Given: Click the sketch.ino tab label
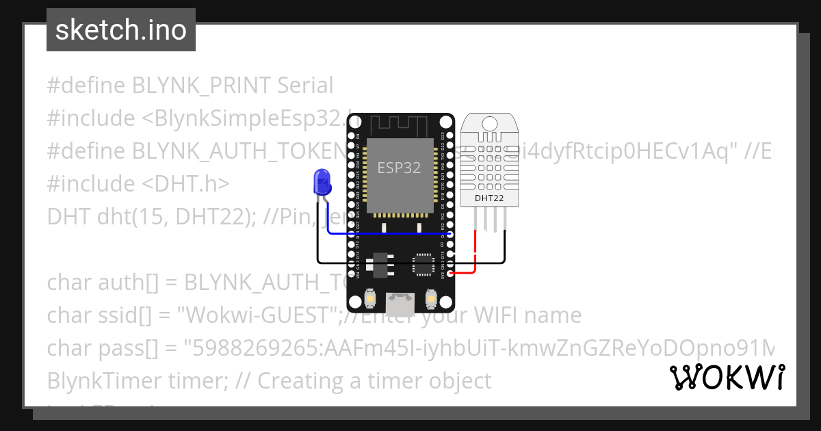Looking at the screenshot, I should (120, 30).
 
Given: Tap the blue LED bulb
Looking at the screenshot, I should (321, 182).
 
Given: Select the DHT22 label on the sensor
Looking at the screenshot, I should (490, 198).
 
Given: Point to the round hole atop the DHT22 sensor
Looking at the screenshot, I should (490, 122).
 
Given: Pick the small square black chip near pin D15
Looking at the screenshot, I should (423, 263).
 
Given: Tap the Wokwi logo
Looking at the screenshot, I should (726, 378).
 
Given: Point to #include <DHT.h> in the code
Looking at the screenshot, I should (138, 184).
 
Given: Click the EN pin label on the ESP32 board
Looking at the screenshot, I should (359, 135).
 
